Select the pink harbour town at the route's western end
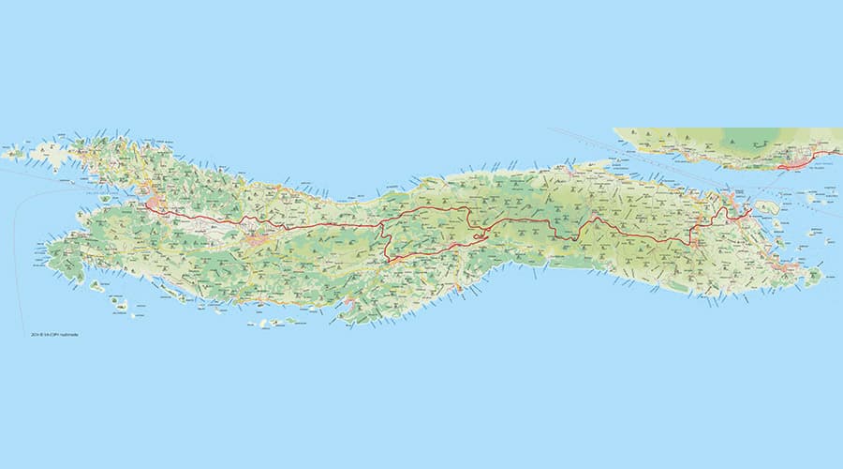(x=154, y=203)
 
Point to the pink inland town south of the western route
(x=256, y=242)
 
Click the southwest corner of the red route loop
(x=388, y=260)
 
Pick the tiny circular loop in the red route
(x=480, y=235)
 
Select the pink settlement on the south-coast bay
(x=348, y=302)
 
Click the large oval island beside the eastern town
(x=767, y=206)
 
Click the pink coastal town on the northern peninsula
(x=796, y=163)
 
